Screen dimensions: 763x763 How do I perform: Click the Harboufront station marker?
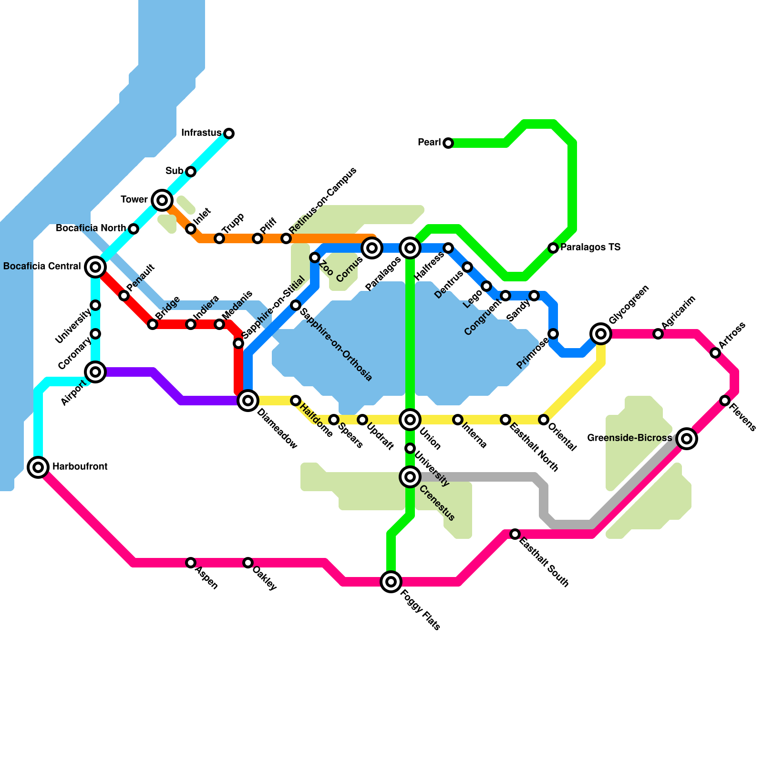pyautogui.click(x=38, y=467)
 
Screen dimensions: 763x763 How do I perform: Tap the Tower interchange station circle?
pyautogui.click(x=162, y=200)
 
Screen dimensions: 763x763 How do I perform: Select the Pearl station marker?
pyautogui.click(x=448, y=143)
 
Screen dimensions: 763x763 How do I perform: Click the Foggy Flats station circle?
pyautogui.click(x=391, y=582)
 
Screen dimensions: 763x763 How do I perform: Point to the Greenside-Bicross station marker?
pyautogui.click(x=687, y=438)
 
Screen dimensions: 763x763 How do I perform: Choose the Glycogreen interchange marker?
pyautogui.click(x=601, y=333)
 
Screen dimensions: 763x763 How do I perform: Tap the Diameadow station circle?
pyautogui.click(x=248, y=400)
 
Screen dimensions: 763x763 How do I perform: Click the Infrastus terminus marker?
pyautogui.click(x=229, y=133)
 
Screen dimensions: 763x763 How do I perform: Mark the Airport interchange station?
pyautogui.click(x=95, y=371)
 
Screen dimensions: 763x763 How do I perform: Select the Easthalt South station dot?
pyautogui.click(x=515, y=534)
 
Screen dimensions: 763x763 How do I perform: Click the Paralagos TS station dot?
pyautogui.click(x=553, y=247)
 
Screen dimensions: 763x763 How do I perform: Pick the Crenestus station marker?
pyautogui.click(x=410, y=476)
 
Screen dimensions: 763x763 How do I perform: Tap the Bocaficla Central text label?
pyautogui.click(x=42, y=266)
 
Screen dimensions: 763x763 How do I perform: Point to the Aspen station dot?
pyautogui.click(x=191, y=563)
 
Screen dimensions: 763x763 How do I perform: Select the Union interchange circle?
pyautogui.click(x=410, y=419)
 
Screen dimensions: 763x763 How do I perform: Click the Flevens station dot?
pyautogui.click(x=725, y=400)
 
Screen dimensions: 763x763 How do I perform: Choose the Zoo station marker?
pyautogui.click(x=315, y=258)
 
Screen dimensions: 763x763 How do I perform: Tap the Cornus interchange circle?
pyautogui.click(x=372, y=247)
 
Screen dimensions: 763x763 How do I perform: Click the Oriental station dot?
pyautogui.click(x=544, y=419)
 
